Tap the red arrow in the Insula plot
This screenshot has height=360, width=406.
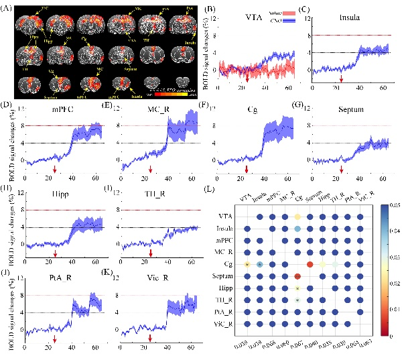[342, 80]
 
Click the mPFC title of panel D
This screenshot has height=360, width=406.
[62, 107]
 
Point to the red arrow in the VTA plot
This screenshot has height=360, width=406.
[248, 80]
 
